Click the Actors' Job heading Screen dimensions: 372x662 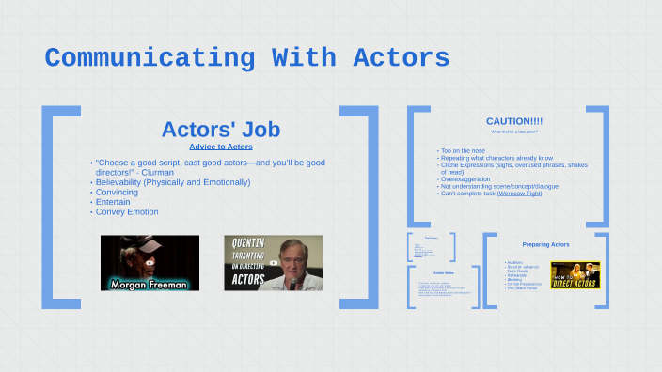[220, 129]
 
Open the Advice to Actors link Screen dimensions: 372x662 [220, 147]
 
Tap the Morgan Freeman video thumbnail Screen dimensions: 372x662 [150, 263]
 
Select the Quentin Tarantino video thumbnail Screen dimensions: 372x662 [273, 263]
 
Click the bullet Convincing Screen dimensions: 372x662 [117, 192]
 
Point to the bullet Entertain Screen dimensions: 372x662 [114, 202]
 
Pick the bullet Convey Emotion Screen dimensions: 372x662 [127, 212]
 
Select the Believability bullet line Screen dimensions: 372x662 [173, 182]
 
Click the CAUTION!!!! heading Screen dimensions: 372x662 [513, 121]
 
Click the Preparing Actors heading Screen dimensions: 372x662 [545, 244]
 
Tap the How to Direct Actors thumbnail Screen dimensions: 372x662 [575, 274]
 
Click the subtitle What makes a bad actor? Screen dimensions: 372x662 [513, 132]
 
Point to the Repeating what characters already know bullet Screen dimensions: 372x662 [496, 159]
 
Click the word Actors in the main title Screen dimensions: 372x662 [401, 58]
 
